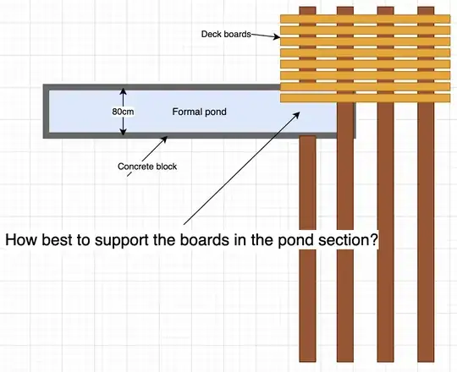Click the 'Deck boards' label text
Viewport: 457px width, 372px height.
coord(225,35)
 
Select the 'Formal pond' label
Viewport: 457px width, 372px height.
coord(199,112)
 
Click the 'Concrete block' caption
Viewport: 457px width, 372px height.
coord(147,167)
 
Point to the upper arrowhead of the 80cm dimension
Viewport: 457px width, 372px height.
coord(123,91)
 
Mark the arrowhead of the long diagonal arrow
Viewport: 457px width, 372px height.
coord(300,110)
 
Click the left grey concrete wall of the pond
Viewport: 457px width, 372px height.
coord(46,112)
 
